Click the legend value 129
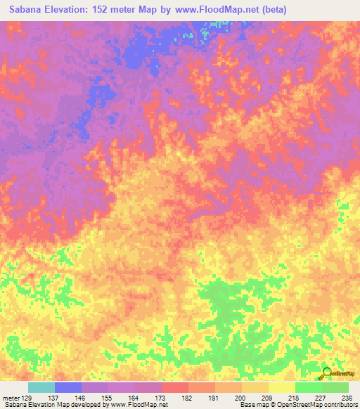click(x=27, y=398)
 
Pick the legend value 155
click(x=108, y=398)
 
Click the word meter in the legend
click(x=10, y=398)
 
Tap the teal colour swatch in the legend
click(x=41, y=387)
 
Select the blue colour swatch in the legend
click(x=68, y=387)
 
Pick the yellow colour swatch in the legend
click(x=282, y=387)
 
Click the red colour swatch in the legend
click(x=175, y=387)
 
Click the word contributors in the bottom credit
click(x=339, y=405)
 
